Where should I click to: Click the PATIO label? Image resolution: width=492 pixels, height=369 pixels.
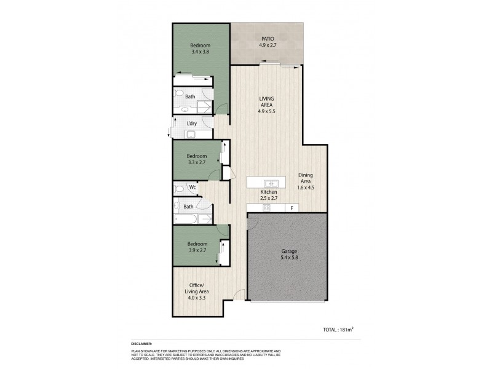coord(267,39)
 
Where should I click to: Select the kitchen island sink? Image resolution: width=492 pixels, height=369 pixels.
coord(271,183)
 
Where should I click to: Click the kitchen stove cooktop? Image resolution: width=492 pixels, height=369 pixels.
coord(267,208)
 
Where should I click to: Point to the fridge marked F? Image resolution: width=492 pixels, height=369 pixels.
coord(292,208)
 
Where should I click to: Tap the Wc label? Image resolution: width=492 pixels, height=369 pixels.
coord(192,187)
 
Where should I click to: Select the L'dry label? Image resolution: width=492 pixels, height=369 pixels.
coord(191,124)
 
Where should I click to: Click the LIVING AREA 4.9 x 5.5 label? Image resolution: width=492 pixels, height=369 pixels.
coord(266,105)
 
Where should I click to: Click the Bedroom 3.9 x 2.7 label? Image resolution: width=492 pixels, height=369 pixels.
coord(197,247)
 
